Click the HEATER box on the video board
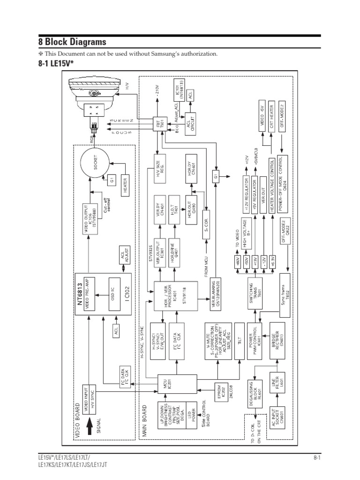point(125,187)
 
